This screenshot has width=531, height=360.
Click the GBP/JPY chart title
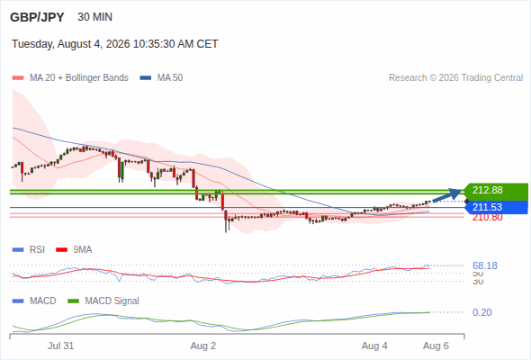coord(37,17)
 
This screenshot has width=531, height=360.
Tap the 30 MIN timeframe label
coord(94,17)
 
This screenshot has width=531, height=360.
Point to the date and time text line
coord(115,44)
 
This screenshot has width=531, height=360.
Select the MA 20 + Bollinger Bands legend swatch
coord(18,78)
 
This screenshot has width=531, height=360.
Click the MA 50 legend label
coord(170,78)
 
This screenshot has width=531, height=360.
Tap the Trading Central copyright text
coord(455,78)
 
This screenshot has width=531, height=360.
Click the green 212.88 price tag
coord(495,190)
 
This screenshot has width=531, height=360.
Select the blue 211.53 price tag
coord(496,207)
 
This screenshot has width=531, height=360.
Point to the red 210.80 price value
coord(487,218)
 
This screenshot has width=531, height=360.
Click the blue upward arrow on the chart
coord(447,195)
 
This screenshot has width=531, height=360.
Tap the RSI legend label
coord(37,249)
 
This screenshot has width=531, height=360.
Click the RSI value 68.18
coord(485,265)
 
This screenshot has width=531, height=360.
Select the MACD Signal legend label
coord(112,301)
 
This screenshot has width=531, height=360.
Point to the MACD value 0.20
coord(481,312)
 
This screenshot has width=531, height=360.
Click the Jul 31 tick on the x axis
coord(60,346)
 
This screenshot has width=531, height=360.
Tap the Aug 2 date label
coord(203,346)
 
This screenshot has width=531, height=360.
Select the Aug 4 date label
coord(374,346)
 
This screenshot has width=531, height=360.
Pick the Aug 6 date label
coord(436,346)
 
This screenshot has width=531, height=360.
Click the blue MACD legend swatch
coord(18,301)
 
